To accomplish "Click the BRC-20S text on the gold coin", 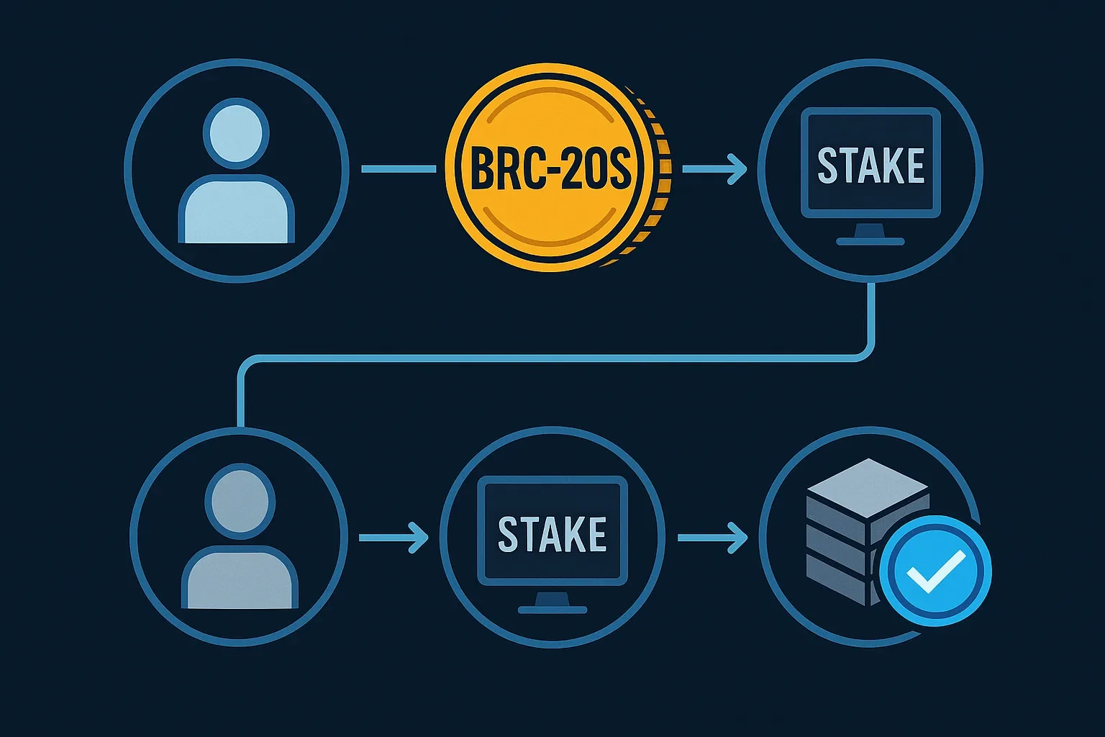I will pos(550,169).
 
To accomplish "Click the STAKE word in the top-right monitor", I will pos(870,165).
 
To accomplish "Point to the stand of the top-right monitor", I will pos(870,232).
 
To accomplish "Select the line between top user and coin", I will pos(399,169).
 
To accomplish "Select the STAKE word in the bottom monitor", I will pos(552,533).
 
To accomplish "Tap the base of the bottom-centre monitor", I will pos(552,609).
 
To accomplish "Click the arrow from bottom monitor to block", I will pos(712,537).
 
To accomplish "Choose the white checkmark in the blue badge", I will pos(935,571).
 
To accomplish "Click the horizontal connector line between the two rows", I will pos(554,356).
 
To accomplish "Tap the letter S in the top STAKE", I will pos(827,165).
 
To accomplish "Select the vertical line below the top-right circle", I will pos(872,317).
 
